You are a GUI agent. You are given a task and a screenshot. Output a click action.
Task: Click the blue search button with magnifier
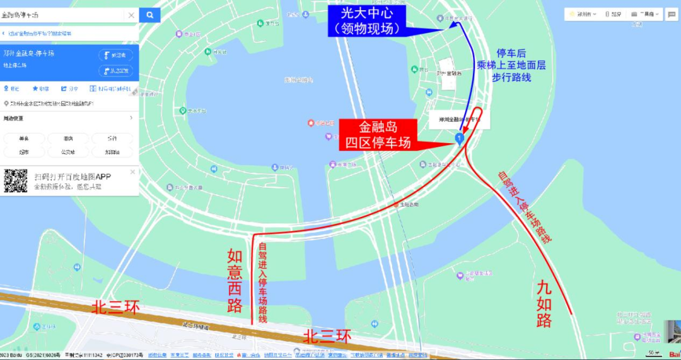(x=149, y=15)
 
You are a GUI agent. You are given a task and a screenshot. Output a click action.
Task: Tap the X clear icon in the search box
(x=131, y=15)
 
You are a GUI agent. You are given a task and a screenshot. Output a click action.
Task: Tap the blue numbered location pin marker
(x=460, y=137)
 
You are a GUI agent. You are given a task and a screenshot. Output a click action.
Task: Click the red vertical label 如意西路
(x=235, y=281)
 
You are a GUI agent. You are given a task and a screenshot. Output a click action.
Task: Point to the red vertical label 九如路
(x=545, y=303)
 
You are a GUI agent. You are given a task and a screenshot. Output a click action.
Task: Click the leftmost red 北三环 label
(x=116, y=307)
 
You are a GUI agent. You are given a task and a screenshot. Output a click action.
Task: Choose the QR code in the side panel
(x=16, y=180)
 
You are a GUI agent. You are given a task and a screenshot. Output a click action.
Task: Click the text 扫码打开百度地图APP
(x=73, y=177)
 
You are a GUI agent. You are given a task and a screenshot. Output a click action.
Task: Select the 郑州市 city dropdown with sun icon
(x=580, y=14)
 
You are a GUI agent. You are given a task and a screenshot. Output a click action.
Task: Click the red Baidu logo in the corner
(x=674, y=354)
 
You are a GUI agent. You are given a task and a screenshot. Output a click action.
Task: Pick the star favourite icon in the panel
(x=35, y=89)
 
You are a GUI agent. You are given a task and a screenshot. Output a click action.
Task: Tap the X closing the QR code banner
(x=132, y=171)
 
